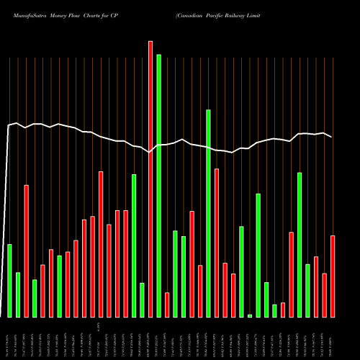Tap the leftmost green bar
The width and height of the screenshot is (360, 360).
pyautogui.click(x=9, y=281)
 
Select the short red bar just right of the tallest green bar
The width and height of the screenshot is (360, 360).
pyautogui.click(x=167, y=305)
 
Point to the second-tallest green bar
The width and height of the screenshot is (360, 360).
pyautogui.click(x=208, y=213)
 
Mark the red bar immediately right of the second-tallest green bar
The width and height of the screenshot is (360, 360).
pyautogui.click(x=217, y=243)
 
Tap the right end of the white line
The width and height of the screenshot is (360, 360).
pyautogui.click(x=332, y=137)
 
